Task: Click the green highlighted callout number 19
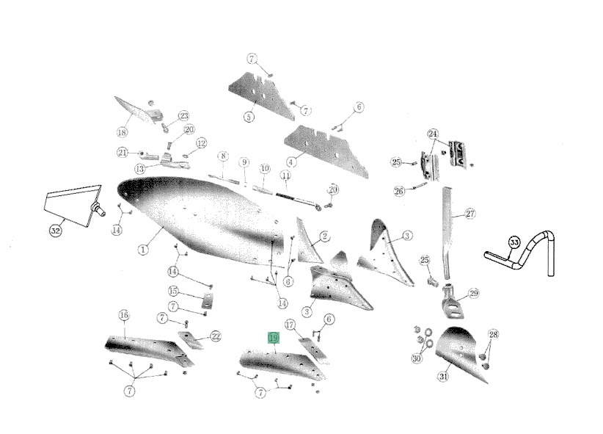[x=274, y=338]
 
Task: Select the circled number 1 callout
[x=143, y=250]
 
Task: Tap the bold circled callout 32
[x=55, y=231]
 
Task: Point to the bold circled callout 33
[x=514, y=242]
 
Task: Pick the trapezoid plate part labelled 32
[x=73, y=206]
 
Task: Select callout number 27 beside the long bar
[x=470, y=214]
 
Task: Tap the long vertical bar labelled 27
[x=447, y=233]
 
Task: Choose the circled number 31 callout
[x=443, y=376]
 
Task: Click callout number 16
[x=123, y=315]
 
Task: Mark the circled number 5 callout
[x=249, y=117]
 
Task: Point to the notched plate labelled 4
[x=327, y=151]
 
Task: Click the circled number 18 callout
[x=122, y=132]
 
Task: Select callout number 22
[x=216, y=336]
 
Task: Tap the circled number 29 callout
[x=474, y=294]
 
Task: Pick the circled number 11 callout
[x=286, y=176]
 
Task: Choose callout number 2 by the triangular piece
[x=324, y=236]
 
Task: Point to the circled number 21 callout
[x=123, y=153]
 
